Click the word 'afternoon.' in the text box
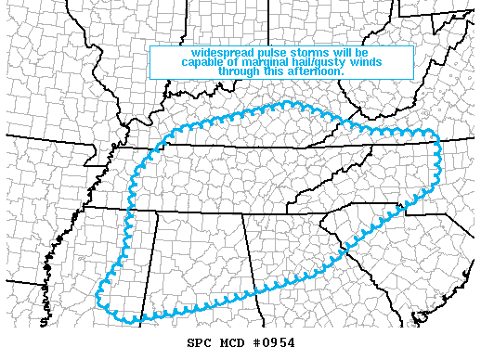pyautogui.click(x=317, y=71)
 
